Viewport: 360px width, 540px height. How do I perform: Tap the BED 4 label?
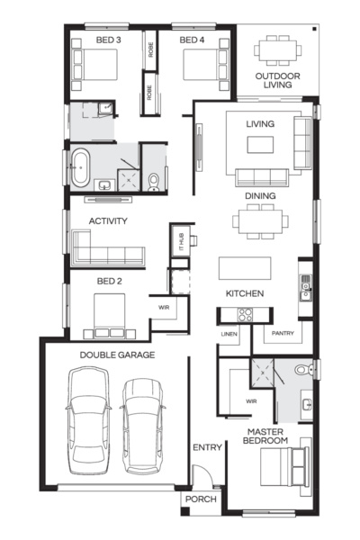[x=193, y=40]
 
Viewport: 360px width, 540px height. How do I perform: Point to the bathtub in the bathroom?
[x=79, y=166]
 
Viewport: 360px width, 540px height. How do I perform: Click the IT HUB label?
[x=178, y=241]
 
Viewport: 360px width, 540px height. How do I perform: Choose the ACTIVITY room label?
[x=107, y=220]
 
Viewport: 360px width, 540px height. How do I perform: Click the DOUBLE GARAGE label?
[x=117, y=355]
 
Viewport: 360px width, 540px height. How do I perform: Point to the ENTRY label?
[x=207, y=447]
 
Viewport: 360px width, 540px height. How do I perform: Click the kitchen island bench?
[x=244, y=268]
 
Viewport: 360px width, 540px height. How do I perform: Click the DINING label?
[x=260, y=195]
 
